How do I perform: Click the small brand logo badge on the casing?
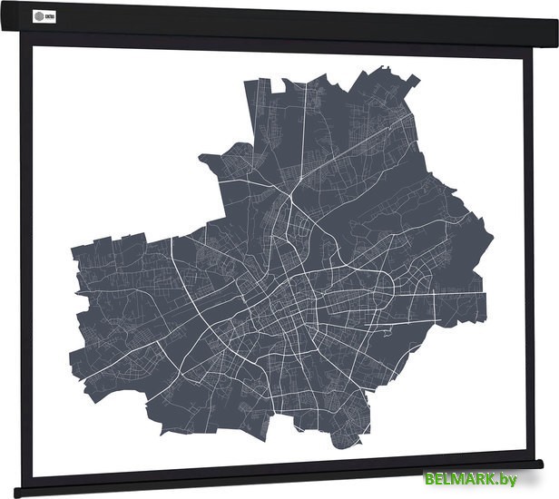coord(44,14)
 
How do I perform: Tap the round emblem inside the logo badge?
coord(37,14)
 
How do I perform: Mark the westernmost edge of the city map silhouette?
coord(74,254)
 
